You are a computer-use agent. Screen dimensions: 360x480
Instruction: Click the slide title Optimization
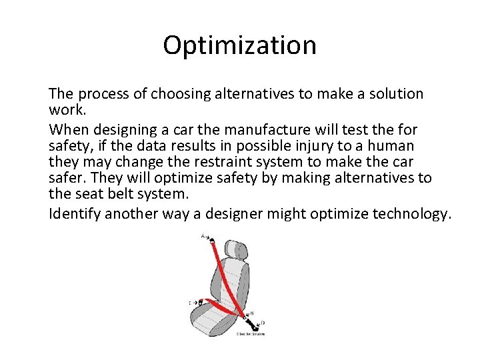(239, 45)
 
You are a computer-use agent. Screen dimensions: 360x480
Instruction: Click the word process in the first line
(103, 94)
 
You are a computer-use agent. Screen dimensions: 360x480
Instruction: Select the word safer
(65, 179)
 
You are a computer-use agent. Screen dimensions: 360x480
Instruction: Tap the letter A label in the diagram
(203, 236)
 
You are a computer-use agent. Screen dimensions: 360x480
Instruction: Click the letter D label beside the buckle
(263, 323)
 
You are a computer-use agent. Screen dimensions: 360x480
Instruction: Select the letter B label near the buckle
(251, 313)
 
